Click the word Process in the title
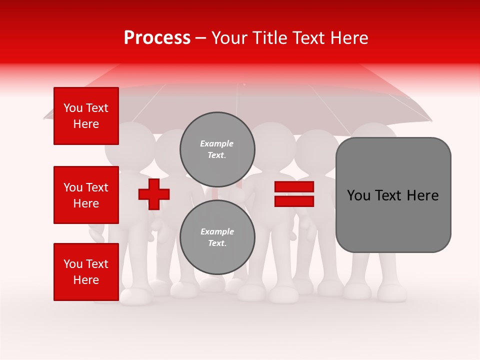(157, 38)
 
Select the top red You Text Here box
(86, 116)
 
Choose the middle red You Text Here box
(86, 195)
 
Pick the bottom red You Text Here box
(86, 272)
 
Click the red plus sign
(154, 194)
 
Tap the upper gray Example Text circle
(217, 149)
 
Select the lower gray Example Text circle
(217, 237)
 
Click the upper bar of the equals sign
(294, 187)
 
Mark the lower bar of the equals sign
(294, 201)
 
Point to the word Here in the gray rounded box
(422, 195)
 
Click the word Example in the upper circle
(217, 143)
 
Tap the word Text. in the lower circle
(217, 243)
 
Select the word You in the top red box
(73, 108)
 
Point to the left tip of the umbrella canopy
(45, 118)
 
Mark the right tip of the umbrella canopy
(431, 120)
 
